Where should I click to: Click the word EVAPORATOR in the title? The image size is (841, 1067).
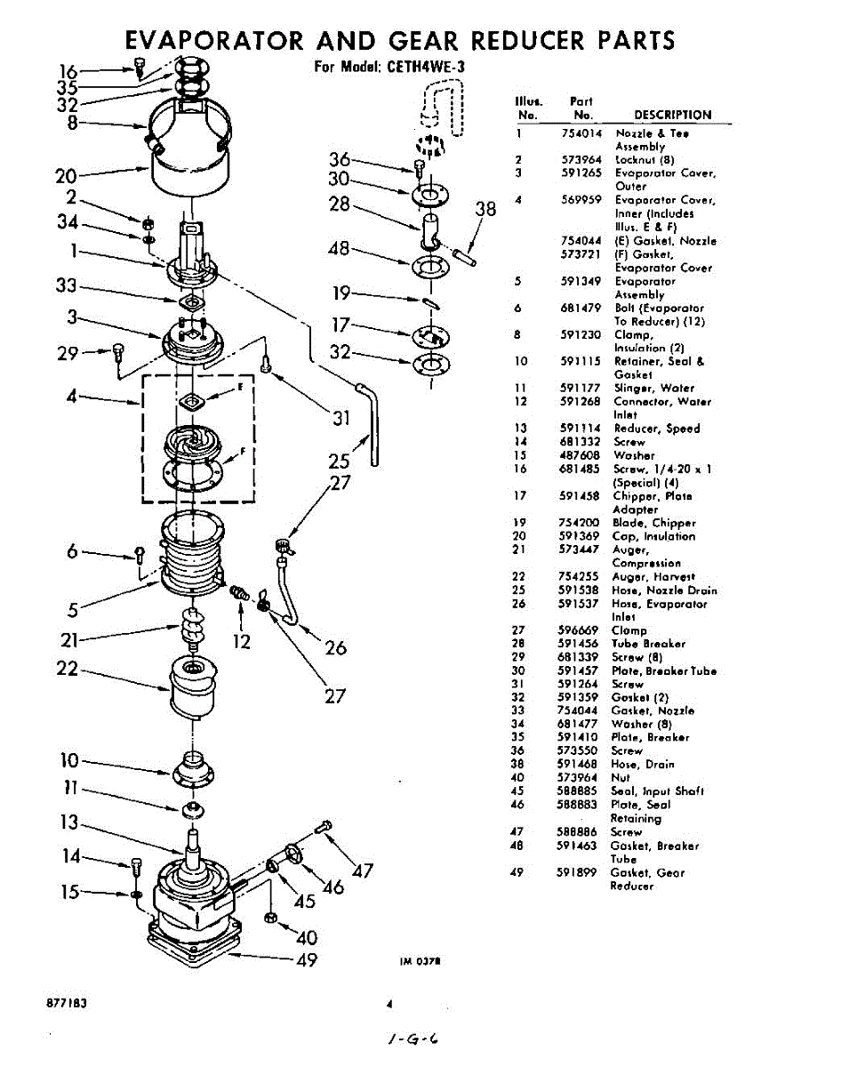pos(217,41)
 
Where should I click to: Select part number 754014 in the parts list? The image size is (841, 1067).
pos(583,133)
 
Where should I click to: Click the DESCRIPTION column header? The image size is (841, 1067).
pos(672,115)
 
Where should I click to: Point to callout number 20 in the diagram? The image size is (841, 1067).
pos(65,175)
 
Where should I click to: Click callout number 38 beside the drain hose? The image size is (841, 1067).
pos(485,210)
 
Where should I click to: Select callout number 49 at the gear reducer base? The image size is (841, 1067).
pos(306,960)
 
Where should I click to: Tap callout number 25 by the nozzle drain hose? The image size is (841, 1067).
pos(339,461)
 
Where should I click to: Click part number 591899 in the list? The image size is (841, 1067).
pos(581,873)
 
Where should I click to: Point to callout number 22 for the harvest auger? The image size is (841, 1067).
pos(67,669)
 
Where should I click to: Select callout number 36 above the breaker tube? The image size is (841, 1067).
pos(340,160)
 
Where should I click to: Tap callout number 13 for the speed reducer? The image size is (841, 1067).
pos(69,822)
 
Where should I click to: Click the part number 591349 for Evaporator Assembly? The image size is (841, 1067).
pos(583,282)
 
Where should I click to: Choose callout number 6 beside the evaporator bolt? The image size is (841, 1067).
pos(72,551)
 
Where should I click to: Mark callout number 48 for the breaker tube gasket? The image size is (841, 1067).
pos(339,250)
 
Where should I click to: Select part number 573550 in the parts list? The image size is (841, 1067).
pos(582,751)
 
